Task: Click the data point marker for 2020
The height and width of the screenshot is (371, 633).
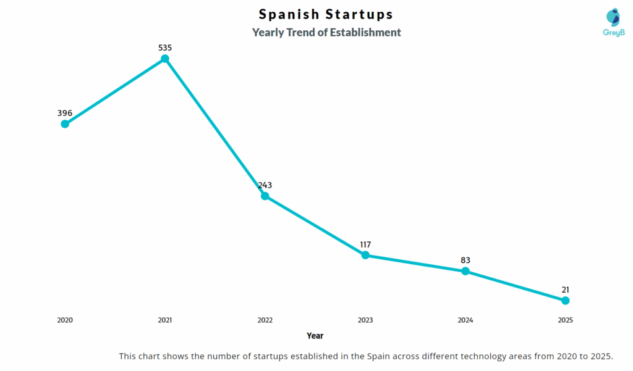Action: (65, 123)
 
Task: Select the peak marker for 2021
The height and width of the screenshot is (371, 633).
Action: (165, 59)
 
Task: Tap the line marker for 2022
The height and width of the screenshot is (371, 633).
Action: (265, 196)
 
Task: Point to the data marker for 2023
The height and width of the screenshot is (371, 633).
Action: (365, 255)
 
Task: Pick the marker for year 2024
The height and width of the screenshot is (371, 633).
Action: (465, 271)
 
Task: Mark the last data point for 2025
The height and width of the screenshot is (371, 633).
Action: (566, 301)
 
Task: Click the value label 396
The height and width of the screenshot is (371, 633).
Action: (65, 113)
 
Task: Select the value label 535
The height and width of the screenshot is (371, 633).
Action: (165, 47)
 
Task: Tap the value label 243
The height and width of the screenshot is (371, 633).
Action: (265, 185)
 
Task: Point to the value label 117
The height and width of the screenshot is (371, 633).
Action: (365, 244)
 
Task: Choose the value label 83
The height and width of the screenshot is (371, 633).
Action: (465, 260)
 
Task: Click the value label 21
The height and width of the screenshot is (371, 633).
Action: (566, 290)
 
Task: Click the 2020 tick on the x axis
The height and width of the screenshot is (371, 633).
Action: (65, 320)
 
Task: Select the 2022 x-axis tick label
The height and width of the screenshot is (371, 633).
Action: (265, 320)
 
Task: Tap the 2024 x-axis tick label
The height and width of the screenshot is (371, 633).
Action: (465, 320)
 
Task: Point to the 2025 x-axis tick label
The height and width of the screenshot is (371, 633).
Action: (566, 320)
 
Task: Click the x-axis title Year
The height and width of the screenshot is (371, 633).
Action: (315, 336)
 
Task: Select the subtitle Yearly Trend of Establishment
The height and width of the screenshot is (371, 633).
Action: (326, 32)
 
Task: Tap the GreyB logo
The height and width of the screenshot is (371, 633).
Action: (614, 23)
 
